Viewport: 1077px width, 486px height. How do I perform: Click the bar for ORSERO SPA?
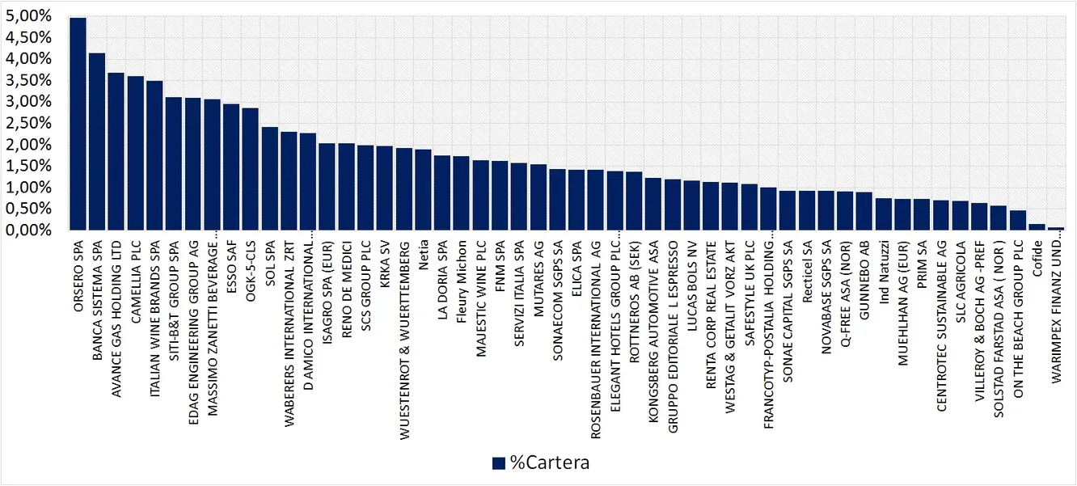click(x=78, y=125)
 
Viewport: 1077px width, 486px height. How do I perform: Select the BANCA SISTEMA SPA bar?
click(x=97, y=142)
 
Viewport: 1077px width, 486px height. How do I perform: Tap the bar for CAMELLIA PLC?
click(x=136, y=154)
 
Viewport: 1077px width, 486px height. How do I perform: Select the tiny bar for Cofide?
click(x=1037, y=227)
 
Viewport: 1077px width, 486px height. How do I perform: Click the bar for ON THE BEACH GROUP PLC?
click(x=1017, y=221)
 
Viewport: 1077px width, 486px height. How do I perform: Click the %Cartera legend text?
click(x=549, y=463)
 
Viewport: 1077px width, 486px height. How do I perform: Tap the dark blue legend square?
click(x=499, y=463)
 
